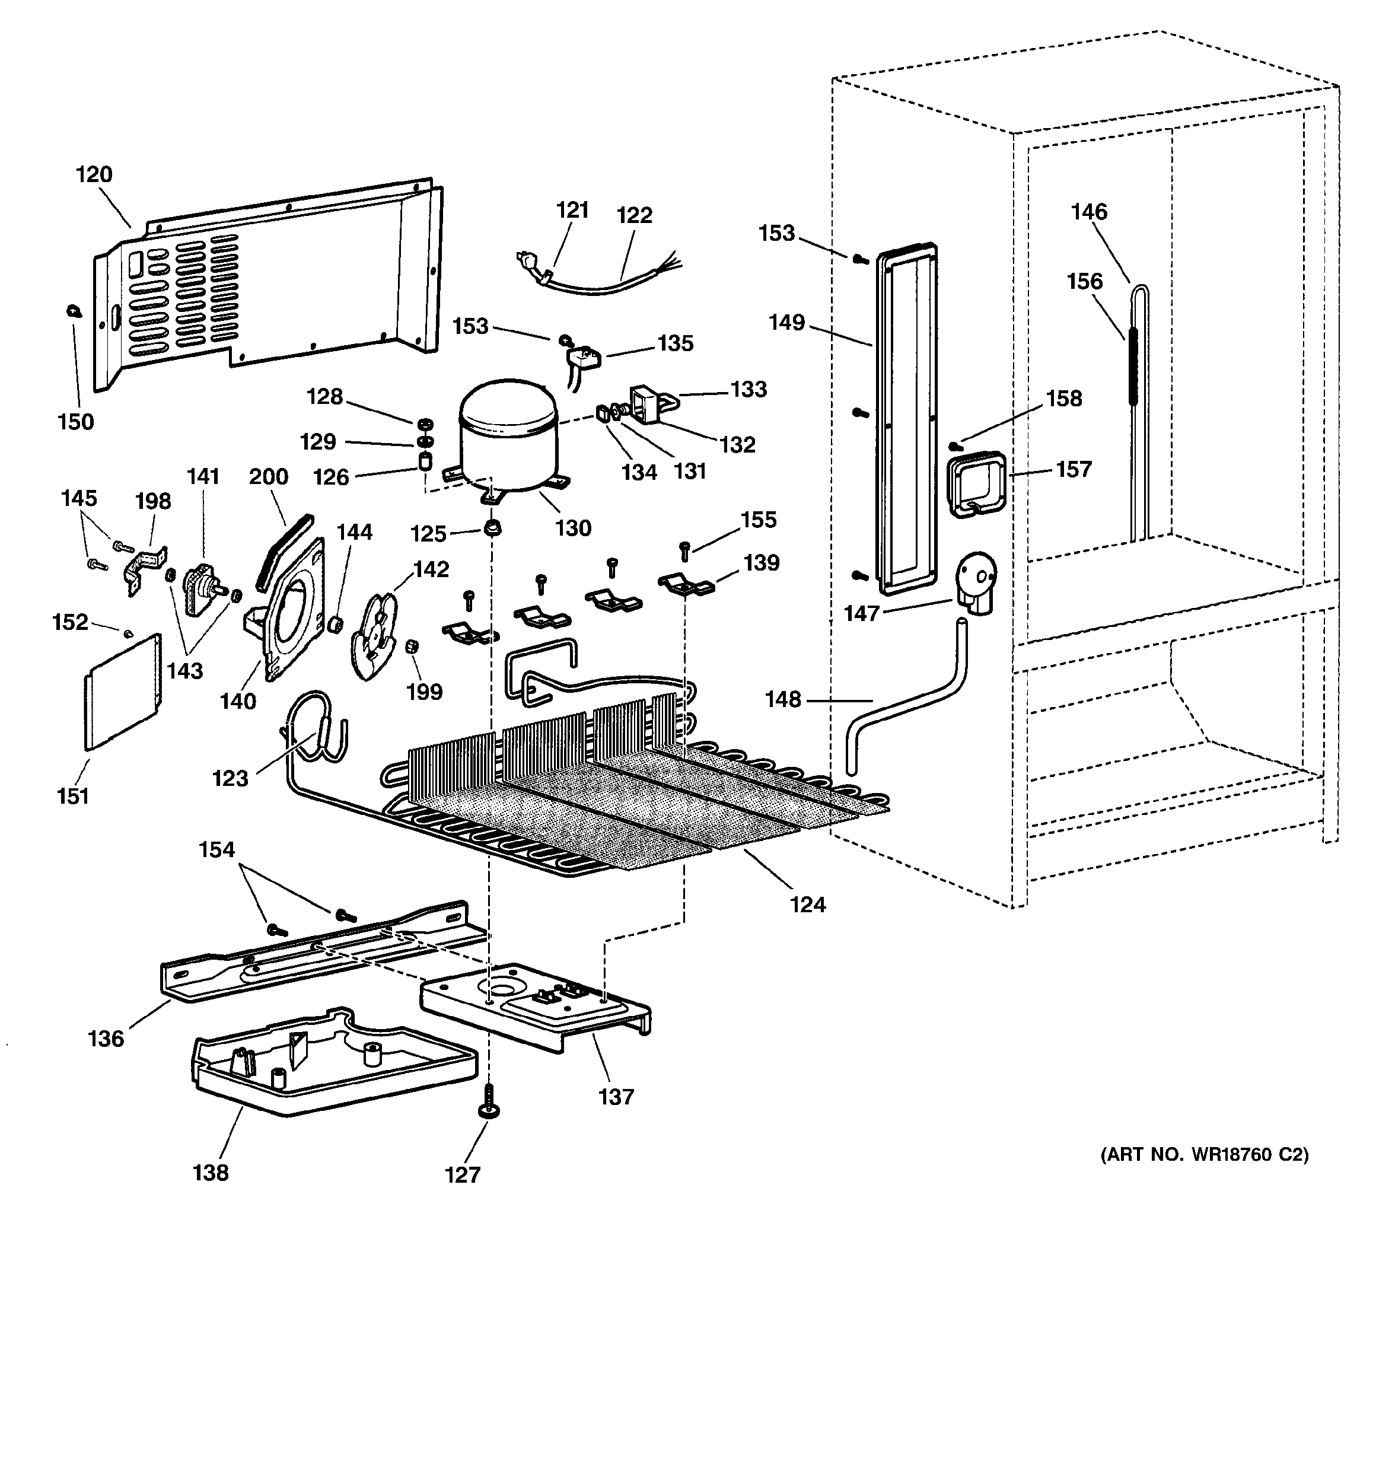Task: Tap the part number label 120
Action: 94,175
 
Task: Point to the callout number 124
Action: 807,905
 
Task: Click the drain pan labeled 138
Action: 332,1063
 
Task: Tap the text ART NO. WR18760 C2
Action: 1204,1154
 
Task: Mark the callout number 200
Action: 268,477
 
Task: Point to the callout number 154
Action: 216,850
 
